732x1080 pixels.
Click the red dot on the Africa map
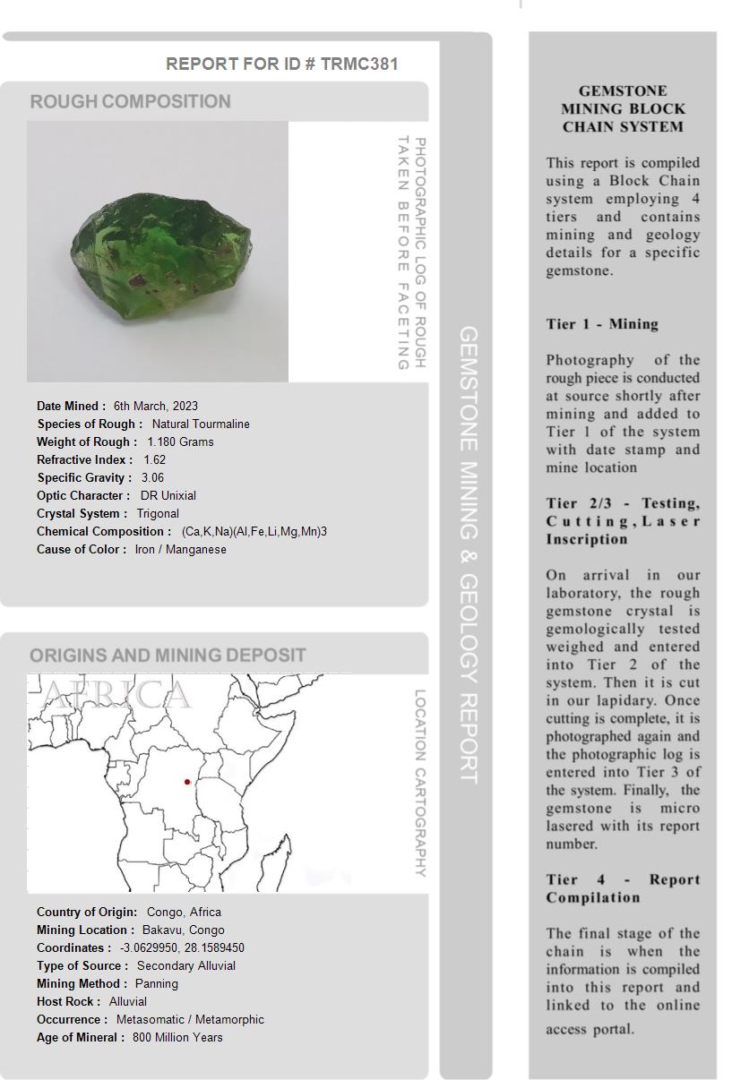(x=187, y=782)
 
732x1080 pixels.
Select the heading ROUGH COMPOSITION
(x=131, y=101)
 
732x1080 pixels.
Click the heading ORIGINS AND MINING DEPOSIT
(x=168, y=655)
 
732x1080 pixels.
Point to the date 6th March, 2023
(x=156, y=406)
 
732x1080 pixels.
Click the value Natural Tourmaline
(x=201, y=424)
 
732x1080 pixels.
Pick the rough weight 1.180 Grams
(x=180, y=441)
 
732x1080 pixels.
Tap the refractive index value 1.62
(x=154, y=459)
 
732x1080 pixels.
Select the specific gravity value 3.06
(x=152, y=477)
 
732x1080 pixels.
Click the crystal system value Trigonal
(x=158, y=513)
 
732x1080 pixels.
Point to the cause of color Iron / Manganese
(x=180, y=549)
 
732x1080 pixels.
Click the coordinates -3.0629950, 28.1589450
(x=182, y=947)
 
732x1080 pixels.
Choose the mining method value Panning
(x=157, y=983)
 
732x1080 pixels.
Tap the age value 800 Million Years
(x=177, y=1037)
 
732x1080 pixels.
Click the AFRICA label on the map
(x=116, y=695)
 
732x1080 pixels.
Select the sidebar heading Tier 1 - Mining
(x=602, y=324)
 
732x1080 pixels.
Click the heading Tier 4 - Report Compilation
(x=623, y=888)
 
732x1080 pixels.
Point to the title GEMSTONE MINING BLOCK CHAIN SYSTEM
(x=623, y=108)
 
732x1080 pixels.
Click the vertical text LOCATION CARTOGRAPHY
(x=419, y=783)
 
